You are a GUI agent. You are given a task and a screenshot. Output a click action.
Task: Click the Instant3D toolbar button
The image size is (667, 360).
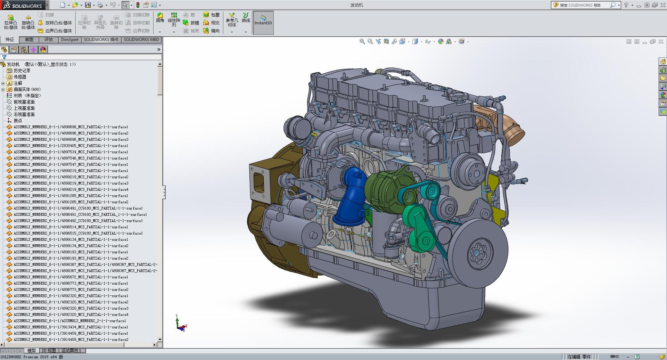pos(263,23)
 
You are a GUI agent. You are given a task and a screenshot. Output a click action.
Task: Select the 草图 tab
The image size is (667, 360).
pos(29,40)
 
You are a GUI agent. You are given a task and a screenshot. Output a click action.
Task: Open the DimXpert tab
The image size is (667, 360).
pos(69,40)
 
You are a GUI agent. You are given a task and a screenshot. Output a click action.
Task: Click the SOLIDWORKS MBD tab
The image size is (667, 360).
pos(141,40)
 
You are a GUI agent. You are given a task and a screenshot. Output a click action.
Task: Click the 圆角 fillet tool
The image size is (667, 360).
pos(160,17)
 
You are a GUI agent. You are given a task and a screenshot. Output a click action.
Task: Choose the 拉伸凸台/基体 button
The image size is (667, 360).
pos(11,22)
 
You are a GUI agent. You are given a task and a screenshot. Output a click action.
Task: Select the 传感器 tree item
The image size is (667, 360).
pos(20,77)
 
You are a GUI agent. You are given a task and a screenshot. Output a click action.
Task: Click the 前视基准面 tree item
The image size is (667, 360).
pos(24,102)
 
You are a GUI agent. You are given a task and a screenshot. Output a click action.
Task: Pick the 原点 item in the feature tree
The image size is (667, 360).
pos(18,121)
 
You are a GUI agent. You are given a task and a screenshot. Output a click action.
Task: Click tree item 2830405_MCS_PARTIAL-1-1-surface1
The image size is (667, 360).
pos(71,146)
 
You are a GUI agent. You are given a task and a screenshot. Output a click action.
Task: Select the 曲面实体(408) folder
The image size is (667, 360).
pos(27,89)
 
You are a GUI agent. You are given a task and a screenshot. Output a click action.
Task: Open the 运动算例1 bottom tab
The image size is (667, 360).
pos(71,351)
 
